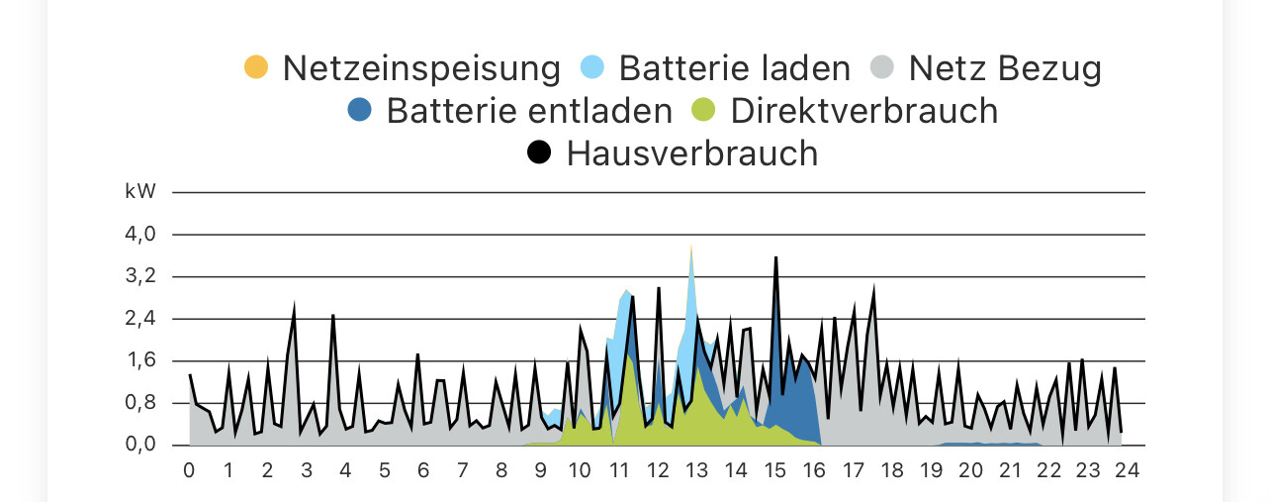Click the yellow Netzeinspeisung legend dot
click(256, 68)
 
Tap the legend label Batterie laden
click(734, 68)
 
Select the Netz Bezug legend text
click(1005, 68)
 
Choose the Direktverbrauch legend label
click(864, 110)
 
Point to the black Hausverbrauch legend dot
click(539, 152)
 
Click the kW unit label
click(140, 192)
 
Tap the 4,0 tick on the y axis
click(140, 235)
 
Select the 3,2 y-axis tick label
click(140, 276)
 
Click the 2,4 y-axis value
click(140, 319)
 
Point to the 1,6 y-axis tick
click(140, 360)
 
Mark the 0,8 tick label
click(140, 403)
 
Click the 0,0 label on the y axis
click(140, 445)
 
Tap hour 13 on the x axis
click(696, 470)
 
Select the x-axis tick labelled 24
click(1127, 470)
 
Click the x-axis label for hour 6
click(423, 470)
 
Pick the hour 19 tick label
click(932, 470)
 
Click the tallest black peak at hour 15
click(776, 257)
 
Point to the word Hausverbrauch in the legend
click(692, 152)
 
